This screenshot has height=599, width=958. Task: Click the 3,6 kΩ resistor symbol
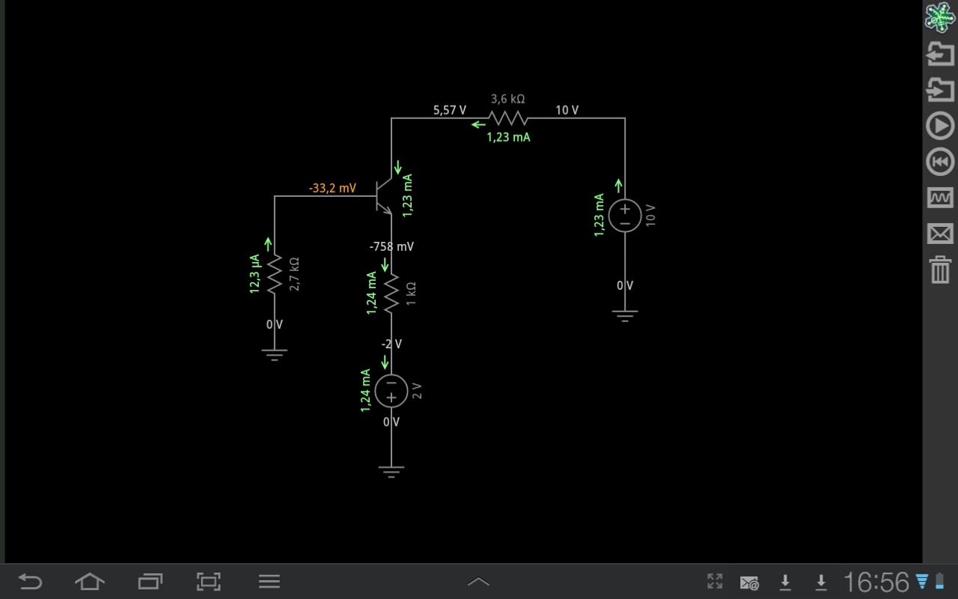click(508, 118)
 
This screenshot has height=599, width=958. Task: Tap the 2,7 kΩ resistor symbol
click(275, 274)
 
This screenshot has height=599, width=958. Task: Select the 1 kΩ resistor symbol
click(391, 294)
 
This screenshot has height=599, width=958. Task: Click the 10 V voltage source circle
click(625, 216)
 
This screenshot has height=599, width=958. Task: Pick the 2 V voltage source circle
click(391, 391)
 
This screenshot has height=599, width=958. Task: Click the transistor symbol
click(384, 196)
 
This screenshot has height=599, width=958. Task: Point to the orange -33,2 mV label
click(332, 188)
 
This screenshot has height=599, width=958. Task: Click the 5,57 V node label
click(450, 110)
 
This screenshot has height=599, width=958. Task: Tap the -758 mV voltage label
click(391, 246)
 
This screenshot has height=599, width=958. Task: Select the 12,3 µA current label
click(254, 274)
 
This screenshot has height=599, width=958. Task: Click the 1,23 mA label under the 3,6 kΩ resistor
click(508, 137)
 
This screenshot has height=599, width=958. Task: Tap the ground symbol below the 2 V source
click(391, 472)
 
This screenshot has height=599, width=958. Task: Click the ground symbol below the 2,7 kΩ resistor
click(275, 355)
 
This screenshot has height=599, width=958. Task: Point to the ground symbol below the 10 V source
click(625, 316)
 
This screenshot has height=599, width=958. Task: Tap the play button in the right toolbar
click(940, 126)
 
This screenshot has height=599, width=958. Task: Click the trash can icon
click(940, 270)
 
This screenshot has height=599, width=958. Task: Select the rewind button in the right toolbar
click(940, 162)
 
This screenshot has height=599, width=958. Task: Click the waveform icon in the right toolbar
click(940, 198)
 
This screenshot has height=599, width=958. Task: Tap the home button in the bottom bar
click(90, 582)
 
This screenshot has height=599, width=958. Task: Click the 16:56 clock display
click(876, 582)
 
